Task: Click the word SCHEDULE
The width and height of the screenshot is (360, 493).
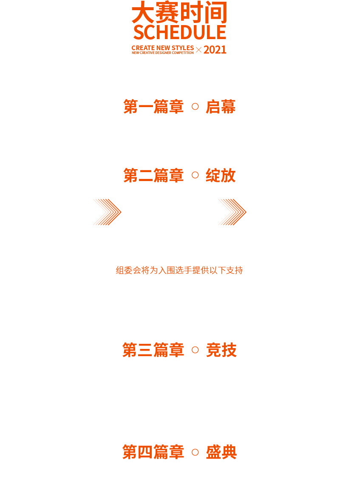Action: (x=180, y=32)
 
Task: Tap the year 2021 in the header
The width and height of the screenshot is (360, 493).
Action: (x=215, y=50)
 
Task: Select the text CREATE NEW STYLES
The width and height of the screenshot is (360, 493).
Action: (x=162, y=48)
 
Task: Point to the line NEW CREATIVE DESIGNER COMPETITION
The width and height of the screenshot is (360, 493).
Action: (x=162, y=53)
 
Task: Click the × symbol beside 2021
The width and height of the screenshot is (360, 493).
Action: (x=199, y=50)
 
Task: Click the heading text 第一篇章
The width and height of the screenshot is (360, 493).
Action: (x=153, y=107)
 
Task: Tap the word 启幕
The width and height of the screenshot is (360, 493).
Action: (x=221, y=107)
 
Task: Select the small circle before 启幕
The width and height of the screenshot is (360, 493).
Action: (x=195, y=107)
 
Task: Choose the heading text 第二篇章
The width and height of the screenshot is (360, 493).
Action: (x=153, y=175)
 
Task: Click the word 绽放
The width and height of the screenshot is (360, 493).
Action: (x=221, y=175)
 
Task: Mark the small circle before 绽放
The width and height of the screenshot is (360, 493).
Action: (x=195, y=175)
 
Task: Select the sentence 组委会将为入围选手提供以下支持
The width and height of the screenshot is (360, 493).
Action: (x=179, y=270)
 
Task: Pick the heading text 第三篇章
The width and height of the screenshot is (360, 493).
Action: (x=153, y=350)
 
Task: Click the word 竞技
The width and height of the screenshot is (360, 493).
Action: (x=221, y=350)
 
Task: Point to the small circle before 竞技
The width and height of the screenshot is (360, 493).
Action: (x=195, y=350)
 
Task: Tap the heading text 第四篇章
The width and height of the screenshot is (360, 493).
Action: (x=153, y=452)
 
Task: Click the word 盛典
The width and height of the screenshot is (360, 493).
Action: (x=221, y=452)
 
